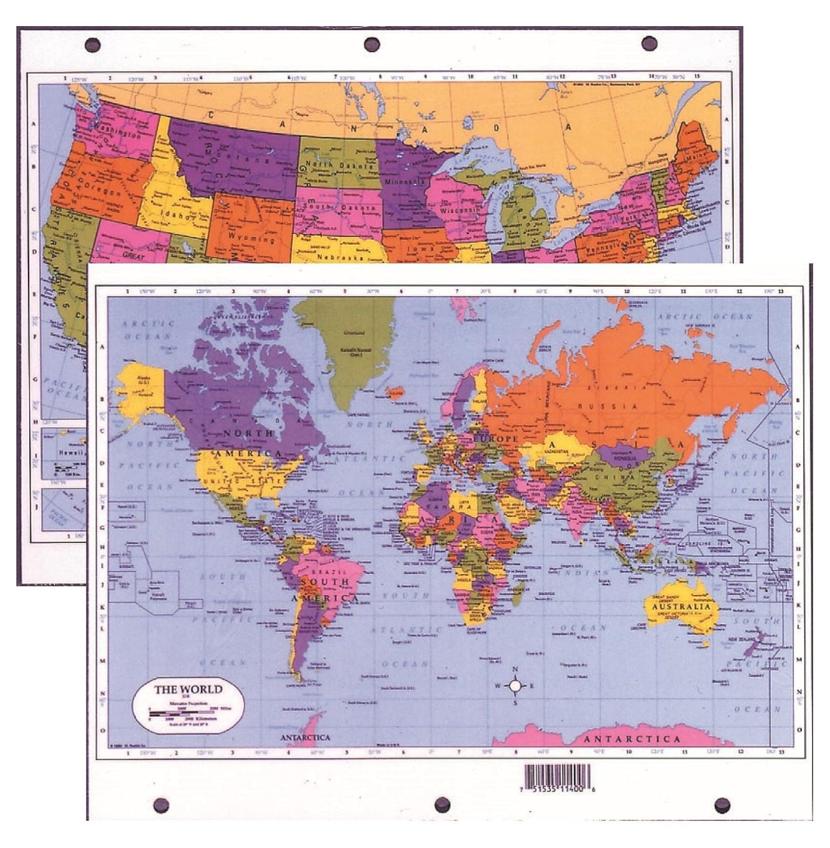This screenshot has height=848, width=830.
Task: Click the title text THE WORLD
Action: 188,689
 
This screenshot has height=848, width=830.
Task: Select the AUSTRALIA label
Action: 681,607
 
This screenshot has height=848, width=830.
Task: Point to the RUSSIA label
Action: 608,406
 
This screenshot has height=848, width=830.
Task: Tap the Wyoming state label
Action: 251,237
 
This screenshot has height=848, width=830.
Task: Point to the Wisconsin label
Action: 460,210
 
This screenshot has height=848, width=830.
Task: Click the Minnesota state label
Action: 405,181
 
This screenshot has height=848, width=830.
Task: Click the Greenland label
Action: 355,333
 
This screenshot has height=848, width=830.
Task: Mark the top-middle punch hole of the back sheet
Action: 371,44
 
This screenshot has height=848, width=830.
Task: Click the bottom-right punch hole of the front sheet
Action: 722,805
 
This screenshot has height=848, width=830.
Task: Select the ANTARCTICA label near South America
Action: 305,737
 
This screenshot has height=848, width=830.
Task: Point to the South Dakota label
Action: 339,206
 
